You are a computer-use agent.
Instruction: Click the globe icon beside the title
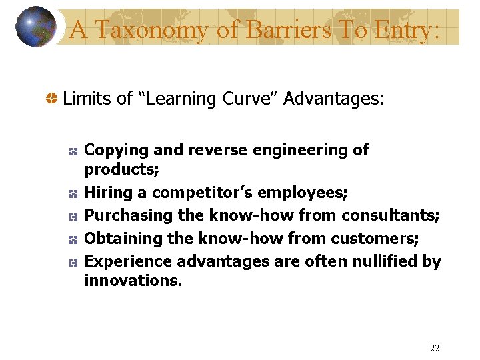click(x=35, y=27)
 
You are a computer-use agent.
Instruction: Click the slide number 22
click(x=435, y=348)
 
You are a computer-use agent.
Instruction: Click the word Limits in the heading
click(x=87, y=99)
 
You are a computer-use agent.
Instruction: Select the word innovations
click(x=133, y=280)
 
